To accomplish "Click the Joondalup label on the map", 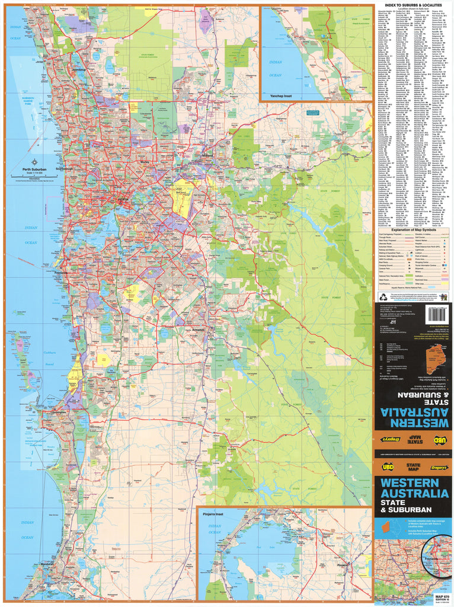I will click(78, 70).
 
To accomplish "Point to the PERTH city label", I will click(124, 200).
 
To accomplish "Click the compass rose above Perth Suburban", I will click(34, 162).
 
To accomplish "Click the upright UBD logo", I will click(387, 467).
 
